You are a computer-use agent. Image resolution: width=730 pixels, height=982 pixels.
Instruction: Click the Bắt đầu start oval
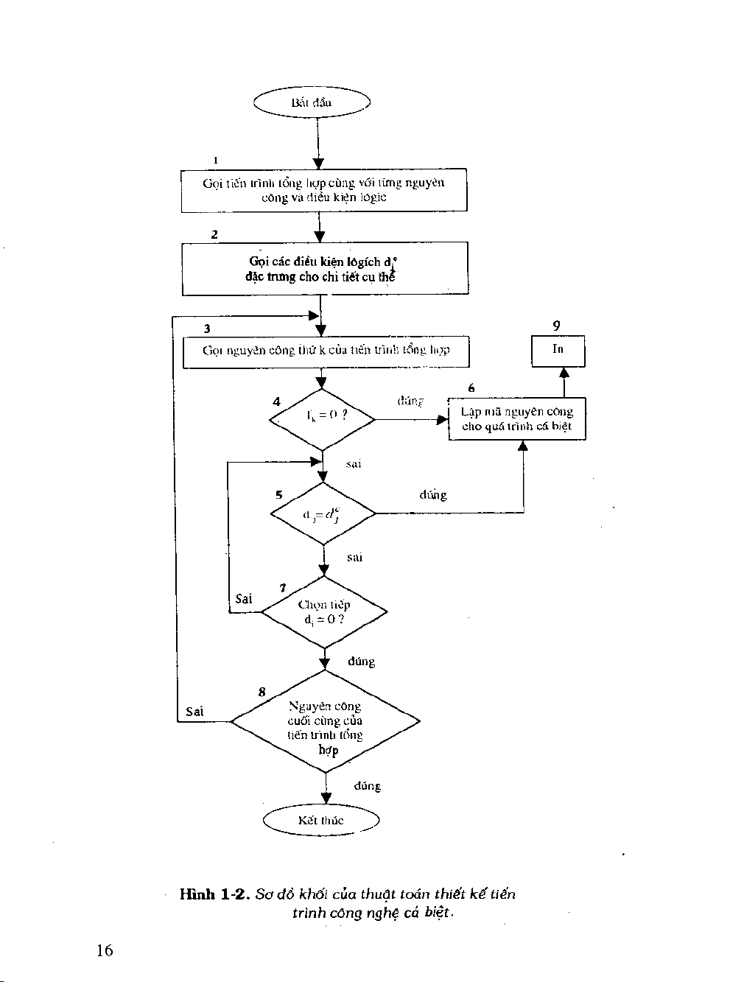[x=312, y=102]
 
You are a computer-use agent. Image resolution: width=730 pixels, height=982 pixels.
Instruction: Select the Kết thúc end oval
[x=321, y=821]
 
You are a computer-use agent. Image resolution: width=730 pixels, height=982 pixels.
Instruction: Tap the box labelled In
[x=558, y=350]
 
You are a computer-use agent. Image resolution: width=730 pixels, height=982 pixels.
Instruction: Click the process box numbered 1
[x=324, y=190]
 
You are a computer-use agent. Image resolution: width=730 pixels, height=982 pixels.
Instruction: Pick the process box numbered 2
[x=325, y=269]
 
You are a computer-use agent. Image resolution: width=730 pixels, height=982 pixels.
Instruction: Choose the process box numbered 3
[x=326, y=351]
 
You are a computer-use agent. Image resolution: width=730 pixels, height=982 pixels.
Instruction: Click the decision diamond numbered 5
[x=323, y=513]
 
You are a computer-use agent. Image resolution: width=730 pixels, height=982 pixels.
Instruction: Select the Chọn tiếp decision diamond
[x=324, y=612]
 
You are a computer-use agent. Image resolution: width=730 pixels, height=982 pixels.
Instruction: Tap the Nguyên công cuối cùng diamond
[x=325, y=722]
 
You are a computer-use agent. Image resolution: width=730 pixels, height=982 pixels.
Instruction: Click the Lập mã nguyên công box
[x=517, y=419]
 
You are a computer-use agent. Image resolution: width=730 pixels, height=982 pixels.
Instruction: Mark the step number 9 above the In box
[x=556, y=325]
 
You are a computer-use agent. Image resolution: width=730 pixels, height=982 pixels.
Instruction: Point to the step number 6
[x=471, y=388]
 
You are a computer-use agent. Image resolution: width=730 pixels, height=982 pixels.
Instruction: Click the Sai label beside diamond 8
[x=194, y=712]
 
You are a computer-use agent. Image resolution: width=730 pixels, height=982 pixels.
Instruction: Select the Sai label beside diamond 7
[x=244, y=599]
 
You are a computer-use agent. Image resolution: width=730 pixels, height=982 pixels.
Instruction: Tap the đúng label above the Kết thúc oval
[x=367, y=786]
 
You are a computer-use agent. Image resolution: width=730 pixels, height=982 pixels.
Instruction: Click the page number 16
[x=104, y=950]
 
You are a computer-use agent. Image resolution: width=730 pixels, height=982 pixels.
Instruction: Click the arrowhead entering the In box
[x=564, y=372]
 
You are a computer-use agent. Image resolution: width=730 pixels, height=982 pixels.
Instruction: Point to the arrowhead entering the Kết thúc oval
[x=326, y=799]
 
